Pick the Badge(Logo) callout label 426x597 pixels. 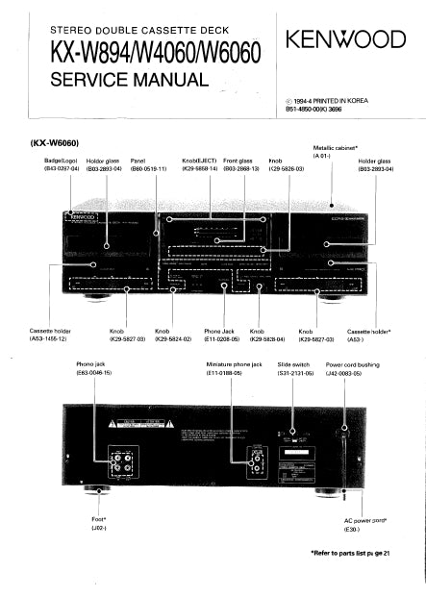click(x=60, y=161)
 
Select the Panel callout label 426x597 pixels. click(x=138, y=161)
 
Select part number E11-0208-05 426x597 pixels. click(x=225, y=339)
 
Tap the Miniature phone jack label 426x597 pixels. click(x=235, y=364)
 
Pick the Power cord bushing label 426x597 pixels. click(x=356, y=364)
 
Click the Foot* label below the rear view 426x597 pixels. click(x=100, y=520)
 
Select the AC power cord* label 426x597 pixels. click(x=364, y=520)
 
